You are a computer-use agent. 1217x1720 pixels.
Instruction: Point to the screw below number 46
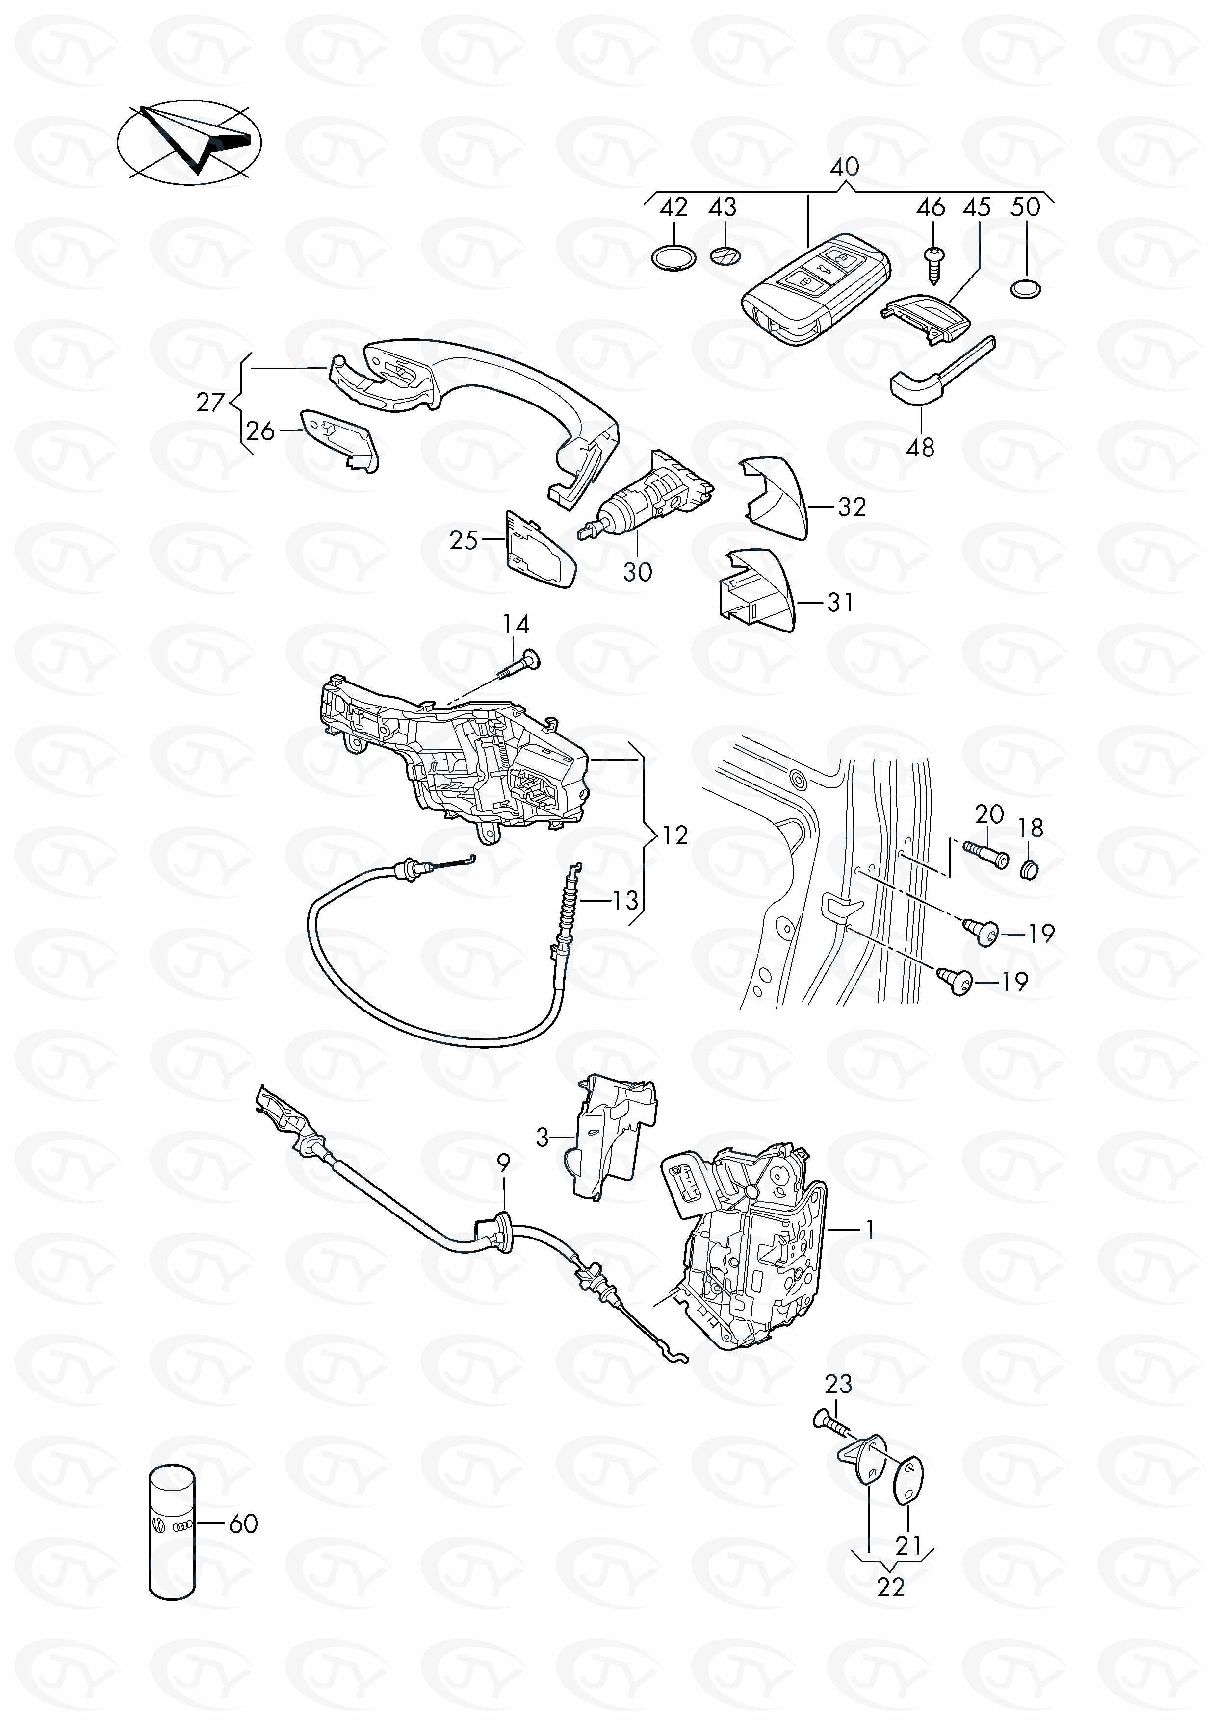point(933,266)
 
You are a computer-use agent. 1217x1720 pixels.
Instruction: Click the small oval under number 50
point(1025,288)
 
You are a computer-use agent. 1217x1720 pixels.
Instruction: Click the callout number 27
point(210,402)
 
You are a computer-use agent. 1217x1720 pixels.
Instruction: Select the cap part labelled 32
point(776,498)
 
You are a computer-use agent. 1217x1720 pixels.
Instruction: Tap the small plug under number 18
point(1030,869)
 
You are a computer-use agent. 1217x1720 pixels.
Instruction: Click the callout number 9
point(504,1164)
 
